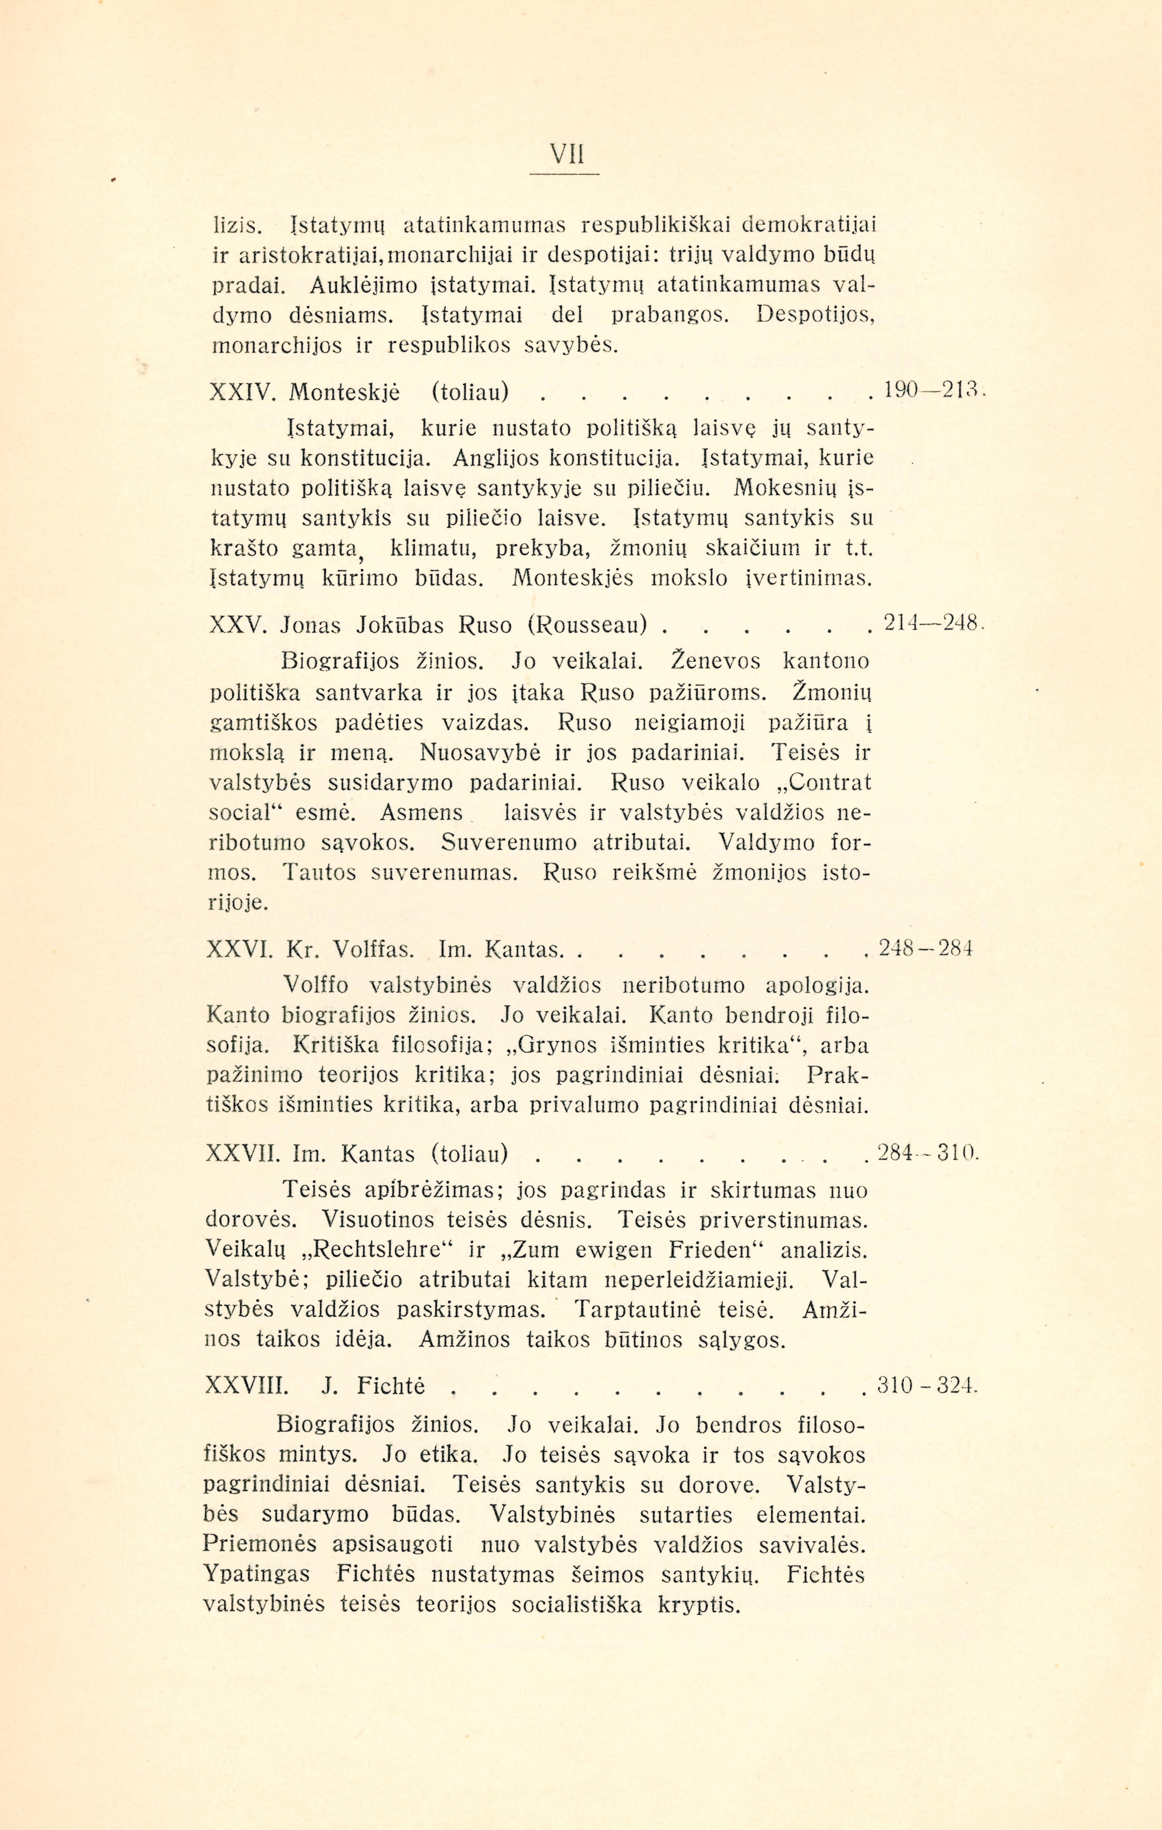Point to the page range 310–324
point(925,1385)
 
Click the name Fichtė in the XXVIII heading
point(390,1387)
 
